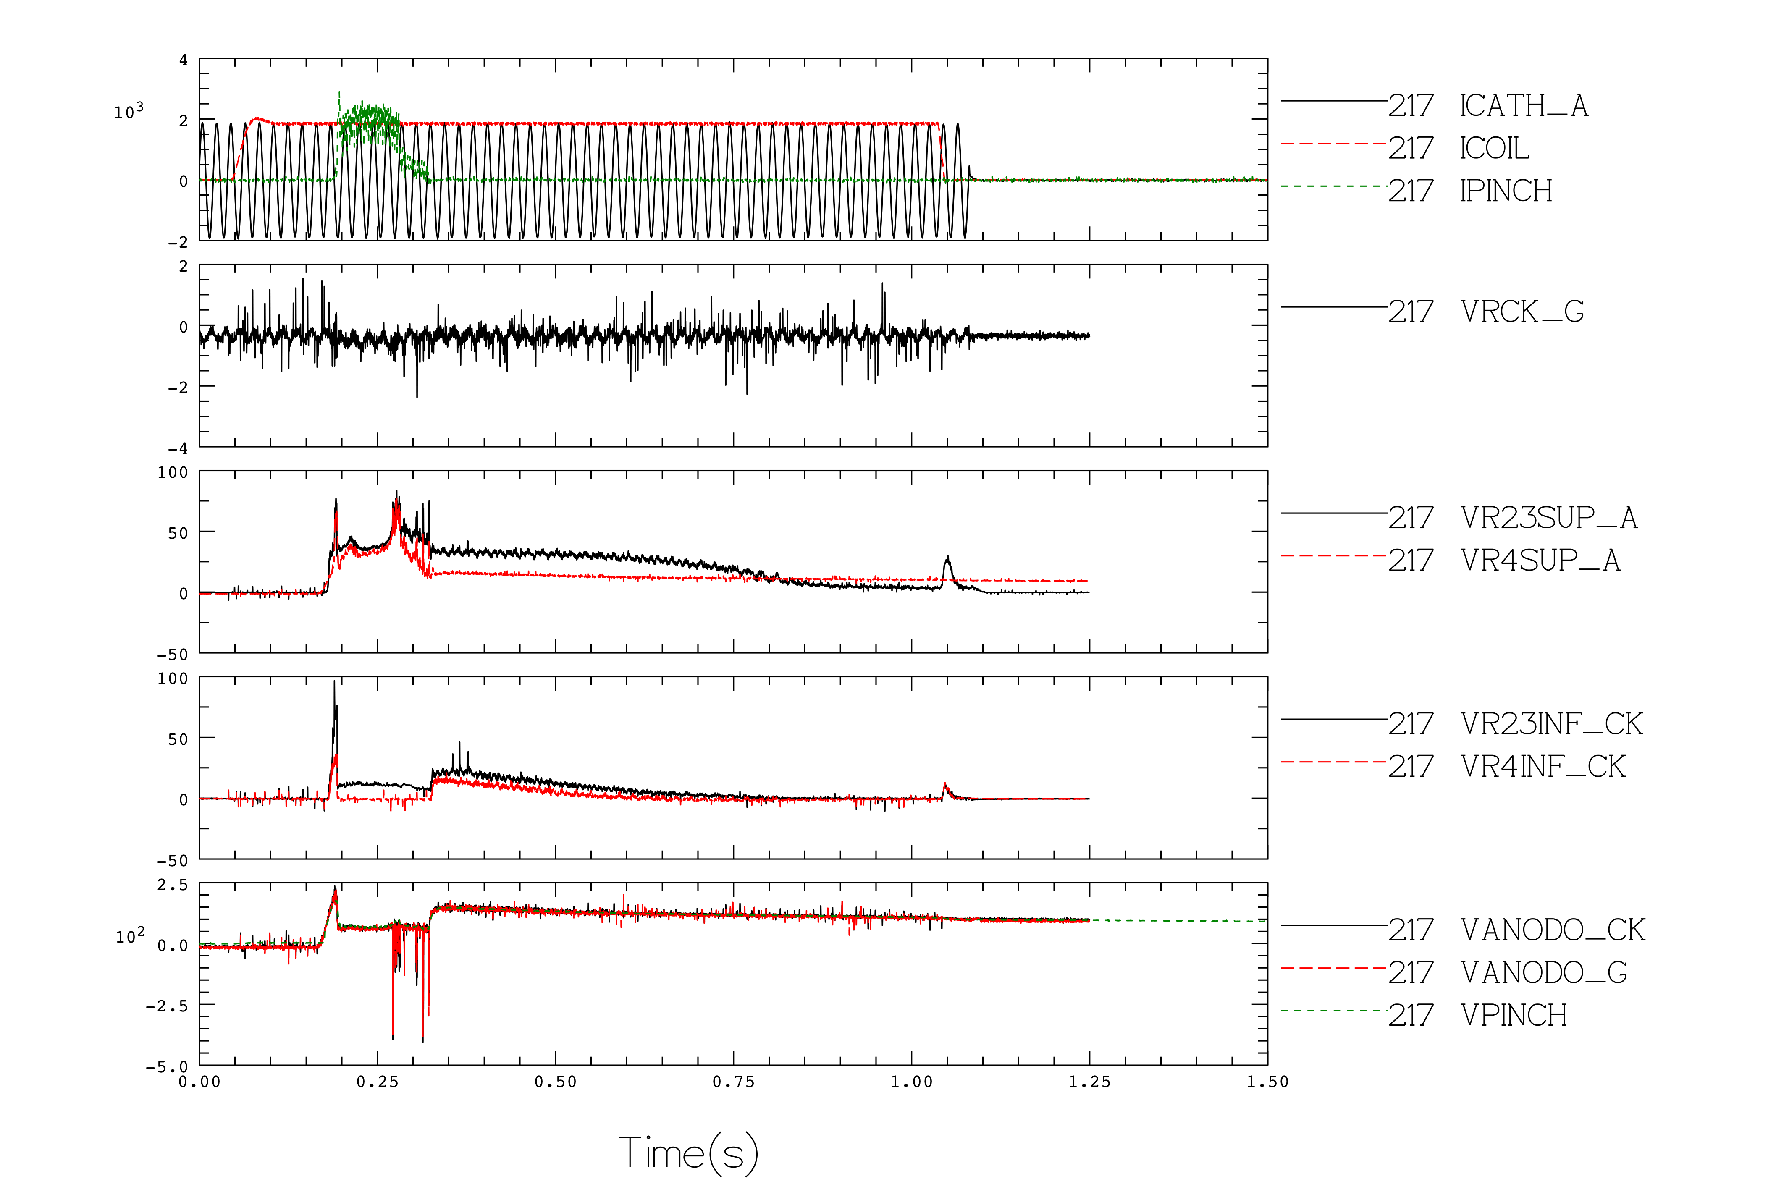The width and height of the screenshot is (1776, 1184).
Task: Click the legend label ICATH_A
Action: coord(1524,106)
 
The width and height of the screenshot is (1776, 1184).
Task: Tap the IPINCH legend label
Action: coord(1506,191)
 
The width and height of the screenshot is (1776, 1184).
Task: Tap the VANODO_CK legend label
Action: coord(1553,930)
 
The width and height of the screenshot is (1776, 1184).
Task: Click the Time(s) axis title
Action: coord(689,1153)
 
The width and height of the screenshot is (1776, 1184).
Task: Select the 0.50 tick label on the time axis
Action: coord(556,1082)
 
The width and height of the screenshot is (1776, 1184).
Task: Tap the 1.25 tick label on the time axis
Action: coord(1090,1082)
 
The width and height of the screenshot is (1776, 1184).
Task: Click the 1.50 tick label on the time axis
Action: coord(1268,1082)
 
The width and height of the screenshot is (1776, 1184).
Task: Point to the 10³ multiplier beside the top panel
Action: coord(129,111)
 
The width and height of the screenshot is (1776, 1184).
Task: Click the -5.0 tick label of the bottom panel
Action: coord(167,1067)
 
